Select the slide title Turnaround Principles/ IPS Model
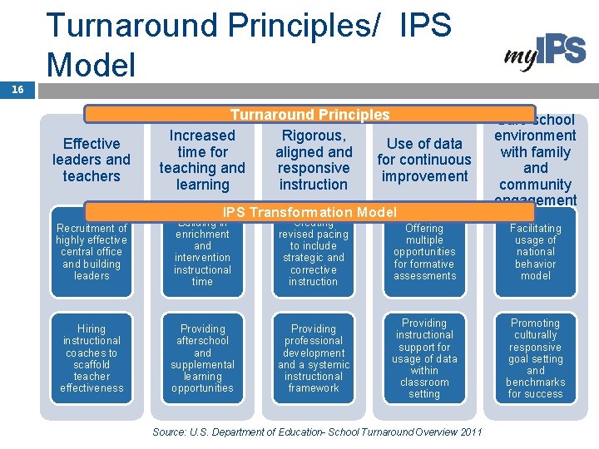[x=249, y=43]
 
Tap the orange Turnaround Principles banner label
[x=309, y=115]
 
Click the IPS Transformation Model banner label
[x=309, y=212]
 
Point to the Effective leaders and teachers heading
[x=92, y=160]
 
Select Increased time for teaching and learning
[x=202, y=160]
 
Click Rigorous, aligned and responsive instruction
[x=314, y=160]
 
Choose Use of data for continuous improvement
[x=424, y=160]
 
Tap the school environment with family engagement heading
[x=535, y=160]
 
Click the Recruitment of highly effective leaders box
[x=92, y=252]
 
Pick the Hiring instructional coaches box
[x=92, y=358]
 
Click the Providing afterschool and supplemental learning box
[x=202, y=358]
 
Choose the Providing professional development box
[x=314, y=358]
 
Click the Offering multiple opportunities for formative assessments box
[x=424, y=252]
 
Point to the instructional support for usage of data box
[x=424, y=358]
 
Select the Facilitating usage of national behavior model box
[x=535, y=252]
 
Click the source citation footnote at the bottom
[x=317, y=432]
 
